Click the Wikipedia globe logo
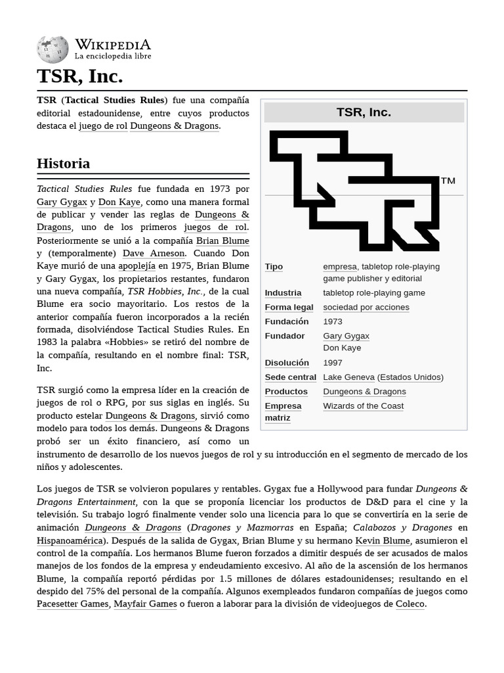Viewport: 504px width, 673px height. pos(52,50)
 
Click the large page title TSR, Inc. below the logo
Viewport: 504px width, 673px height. pos(79,77)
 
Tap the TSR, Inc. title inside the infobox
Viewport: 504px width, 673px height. pos(364,112)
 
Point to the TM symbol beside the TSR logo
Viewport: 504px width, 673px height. pos(448,181)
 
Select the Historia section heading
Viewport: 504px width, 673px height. pos(63,163)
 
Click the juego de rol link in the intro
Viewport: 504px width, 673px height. pos(103,126)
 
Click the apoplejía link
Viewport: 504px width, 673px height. pos(136,266)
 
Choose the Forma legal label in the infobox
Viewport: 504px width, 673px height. pos(289,307)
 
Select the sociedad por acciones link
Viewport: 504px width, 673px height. pos(366,307)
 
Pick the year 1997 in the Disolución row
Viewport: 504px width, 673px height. pos(333,362)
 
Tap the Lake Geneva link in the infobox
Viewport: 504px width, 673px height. pos(348,377)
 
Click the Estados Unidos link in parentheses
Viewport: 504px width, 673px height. pos(410,377)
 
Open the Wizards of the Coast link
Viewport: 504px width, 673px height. pos(363,406)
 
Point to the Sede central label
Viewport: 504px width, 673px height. pos(290,377)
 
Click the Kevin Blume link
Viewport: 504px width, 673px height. pos(383,540)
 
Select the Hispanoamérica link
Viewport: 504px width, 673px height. pos(70,540)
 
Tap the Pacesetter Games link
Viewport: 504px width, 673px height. pos(72,603)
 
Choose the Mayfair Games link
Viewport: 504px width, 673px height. pos(145,603)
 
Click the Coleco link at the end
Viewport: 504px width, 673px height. pos(410,603)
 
